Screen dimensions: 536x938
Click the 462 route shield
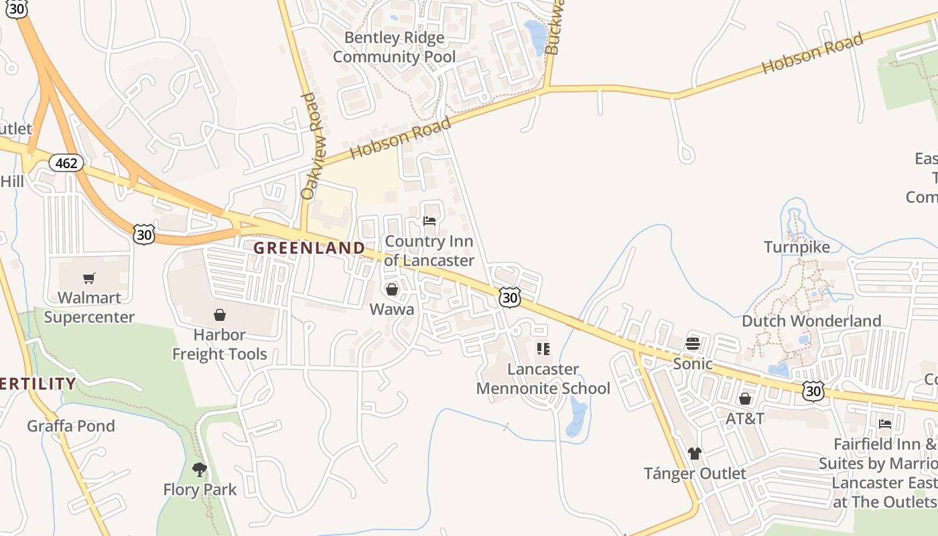67,163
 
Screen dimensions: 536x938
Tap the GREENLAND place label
310,248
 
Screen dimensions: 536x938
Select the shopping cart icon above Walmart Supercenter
89,278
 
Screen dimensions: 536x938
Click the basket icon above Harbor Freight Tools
220,315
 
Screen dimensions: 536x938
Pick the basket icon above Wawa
392,289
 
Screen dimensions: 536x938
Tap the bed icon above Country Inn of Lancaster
429,221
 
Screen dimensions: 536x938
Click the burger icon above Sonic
693,344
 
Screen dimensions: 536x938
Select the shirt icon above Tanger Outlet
695,454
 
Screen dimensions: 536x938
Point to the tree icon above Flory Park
199,469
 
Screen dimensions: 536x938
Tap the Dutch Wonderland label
811,321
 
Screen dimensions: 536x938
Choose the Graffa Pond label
71,426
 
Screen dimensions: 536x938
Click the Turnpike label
797,247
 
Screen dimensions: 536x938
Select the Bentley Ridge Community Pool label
394,47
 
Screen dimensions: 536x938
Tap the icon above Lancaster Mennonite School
543,349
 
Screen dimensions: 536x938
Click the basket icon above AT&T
745,399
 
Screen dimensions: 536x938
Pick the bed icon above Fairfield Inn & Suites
885,423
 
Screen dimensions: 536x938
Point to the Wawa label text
392,310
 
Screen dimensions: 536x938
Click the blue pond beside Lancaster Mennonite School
576,417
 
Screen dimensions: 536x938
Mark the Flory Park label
200,490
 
